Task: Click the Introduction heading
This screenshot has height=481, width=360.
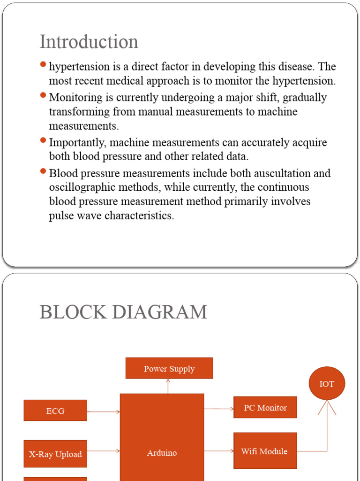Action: tap(89, 42)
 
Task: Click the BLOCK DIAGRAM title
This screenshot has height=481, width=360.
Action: tap(123, 312)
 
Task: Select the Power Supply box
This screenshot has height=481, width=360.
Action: tap(169, 368)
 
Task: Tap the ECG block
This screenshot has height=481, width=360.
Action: tap(55, 411)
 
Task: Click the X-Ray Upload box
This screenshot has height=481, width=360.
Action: tap(55, 454)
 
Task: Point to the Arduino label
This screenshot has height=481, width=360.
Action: tap(162, 453)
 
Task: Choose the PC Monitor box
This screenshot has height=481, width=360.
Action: tap(265, 407)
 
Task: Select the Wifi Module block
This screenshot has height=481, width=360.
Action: tap(265, 451)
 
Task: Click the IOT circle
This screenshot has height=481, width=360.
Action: tap(327, 384)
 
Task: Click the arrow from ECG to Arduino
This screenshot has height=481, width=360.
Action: tap(104, 412)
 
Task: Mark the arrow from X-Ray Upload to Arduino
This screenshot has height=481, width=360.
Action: tap(104, 451)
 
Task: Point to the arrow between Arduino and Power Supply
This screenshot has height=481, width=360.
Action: tap(168, 386)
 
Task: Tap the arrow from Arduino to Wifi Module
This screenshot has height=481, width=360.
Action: tap(219, 451)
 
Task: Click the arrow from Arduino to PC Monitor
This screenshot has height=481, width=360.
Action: tap(219, 409)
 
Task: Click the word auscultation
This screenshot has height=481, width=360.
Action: tap(282, 173)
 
